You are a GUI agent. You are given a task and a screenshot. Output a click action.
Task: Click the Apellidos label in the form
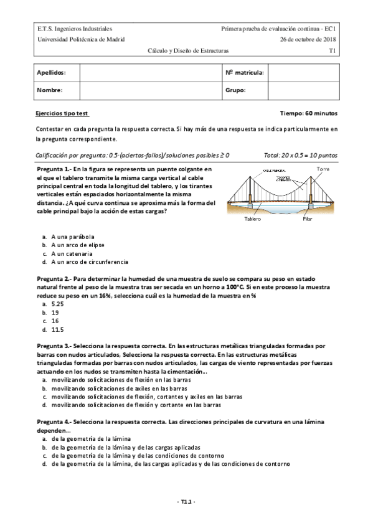pyautogui.click(x=51, y=73)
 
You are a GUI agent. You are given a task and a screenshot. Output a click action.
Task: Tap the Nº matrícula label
pyautogui.click(x=245, y=73)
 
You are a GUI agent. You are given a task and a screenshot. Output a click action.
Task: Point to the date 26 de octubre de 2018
pyautogui.click(x=308, y=39)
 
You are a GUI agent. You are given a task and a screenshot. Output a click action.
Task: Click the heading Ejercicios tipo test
pyautogui.click(x=63, y=114)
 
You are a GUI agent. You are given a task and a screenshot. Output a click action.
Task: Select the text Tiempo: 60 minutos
pyautogui.click(x=309, y=114)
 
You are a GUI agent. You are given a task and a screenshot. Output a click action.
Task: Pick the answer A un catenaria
pyautogui.click(x=72, y=254)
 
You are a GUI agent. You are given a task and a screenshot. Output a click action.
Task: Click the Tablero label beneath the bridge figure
pyautogui.click(x=252, y=219)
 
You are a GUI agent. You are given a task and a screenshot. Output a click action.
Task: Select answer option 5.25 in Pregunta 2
pyautogui.click(x=58, y=304)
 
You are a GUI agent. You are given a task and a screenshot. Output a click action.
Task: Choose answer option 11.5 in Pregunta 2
pyautogui.click(x=58, y=329)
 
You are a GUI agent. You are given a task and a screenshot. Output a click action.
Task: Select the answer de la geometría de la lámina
pyautogui.click(x=91, y=438)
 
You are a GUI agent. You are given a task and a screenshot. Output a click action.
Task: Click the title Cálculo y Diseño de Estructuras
pyautogui.click(x=188, y=49)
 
